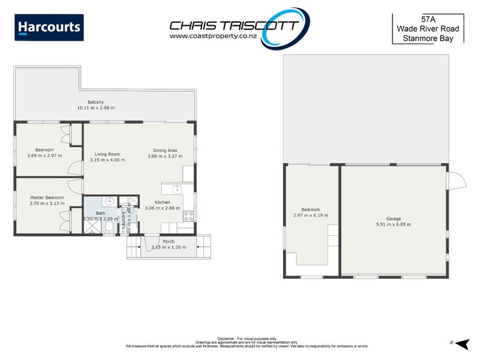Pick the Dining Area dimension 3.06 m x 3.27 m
165,157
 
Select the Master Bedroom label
47,197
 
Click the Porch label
169,241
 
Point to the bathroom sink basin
110,202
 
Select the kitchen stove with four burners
188,214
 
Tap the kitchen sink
178,190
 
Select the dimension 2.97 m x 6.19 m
310,215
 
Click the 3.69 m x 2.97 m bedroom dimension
44,156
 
